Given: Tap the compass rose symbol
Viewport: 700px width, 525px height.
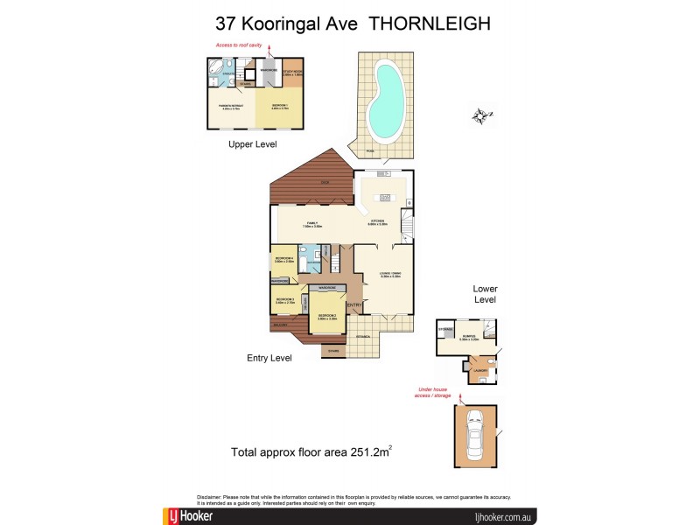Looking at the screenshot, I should click(479, 115).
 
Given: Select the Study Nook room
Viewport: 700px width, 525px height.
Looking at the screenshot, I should click(292, 73).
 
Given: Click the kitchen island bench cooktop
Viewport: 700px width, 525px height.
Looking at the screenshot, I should click(382, 197).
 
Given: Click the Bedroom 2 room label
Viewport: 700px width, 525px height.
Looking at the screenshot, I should click(328, 315).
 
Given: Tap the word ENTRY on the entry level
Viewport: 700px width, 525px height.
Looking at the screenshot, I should click(354, 304).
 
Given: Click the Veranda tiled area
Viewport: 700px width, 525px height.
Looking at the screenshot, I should click(361, 336).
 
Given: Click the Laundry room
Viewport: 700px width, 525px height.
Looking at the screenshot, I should click(479, 372).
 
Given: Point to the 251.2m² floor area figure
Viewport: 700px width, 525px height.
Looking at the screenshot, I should click(367, 452).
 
